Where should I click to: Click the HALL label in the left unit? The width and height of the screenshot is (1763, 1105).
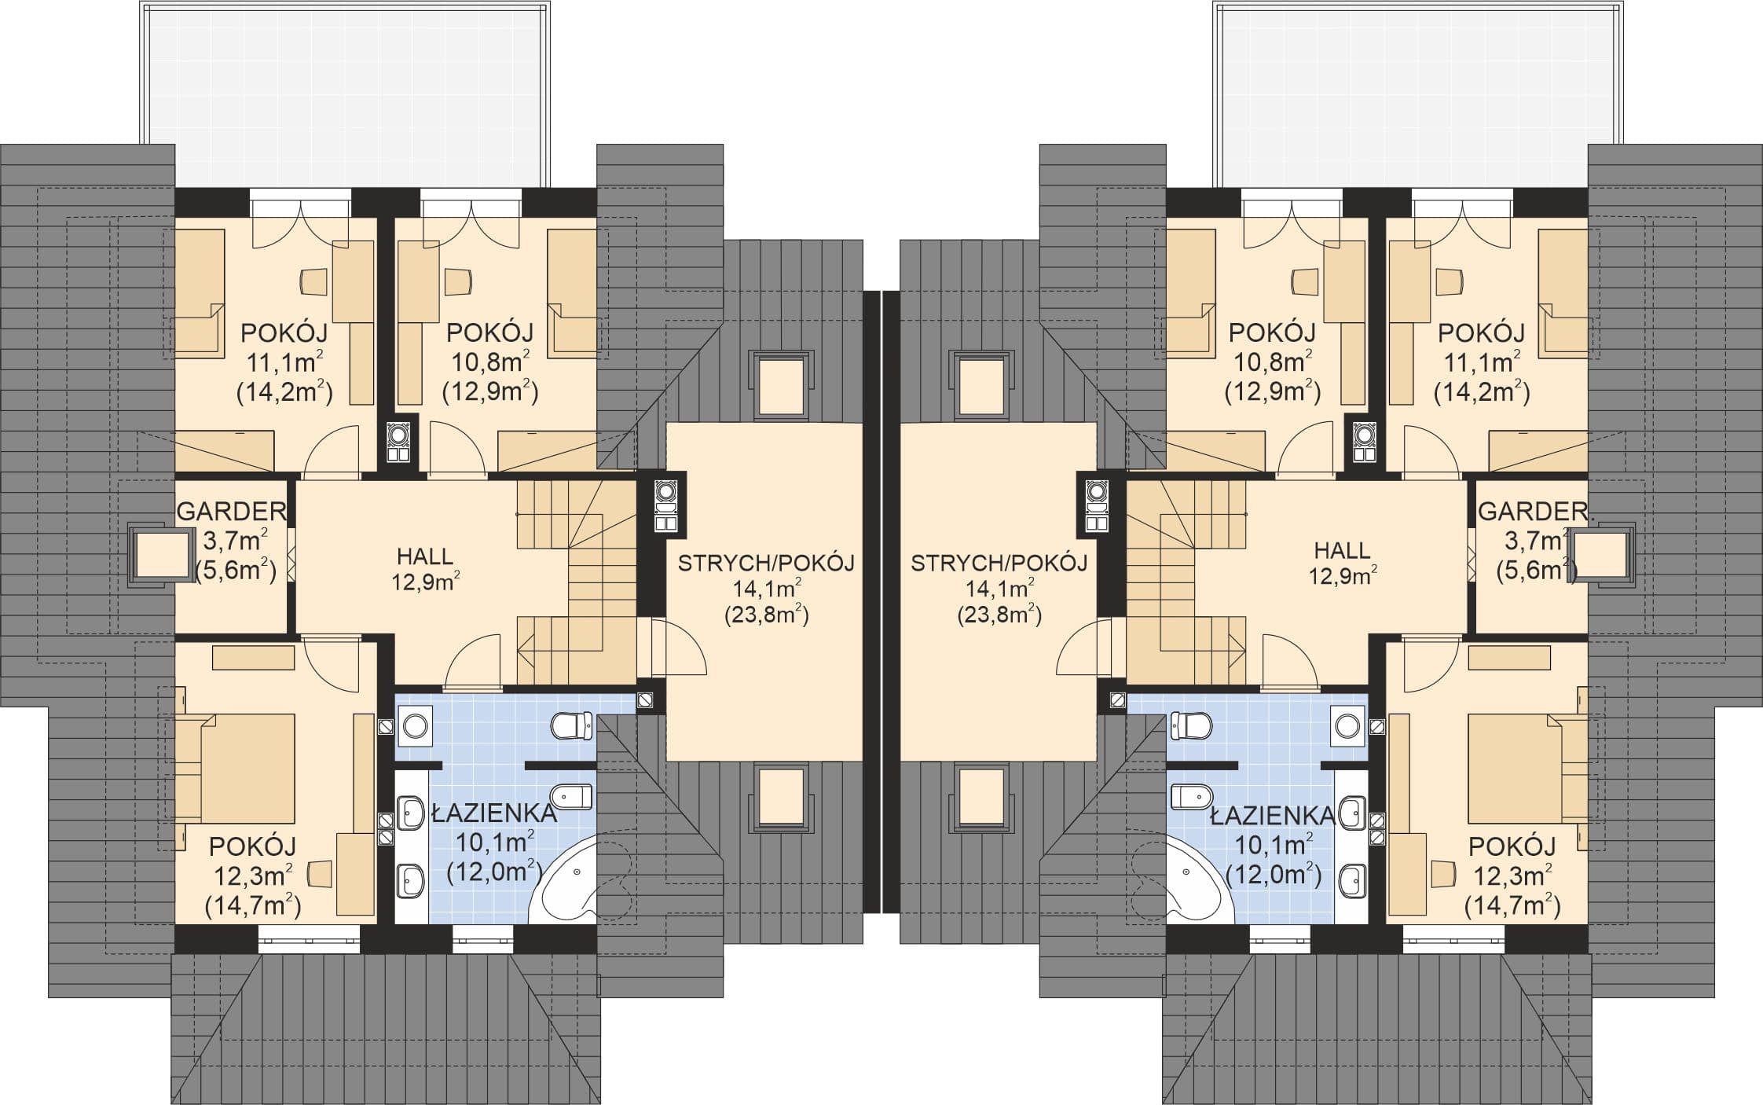click(425, 556)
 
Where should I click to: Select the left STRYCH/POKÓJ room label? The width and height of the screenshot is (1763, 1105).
click(766, 564)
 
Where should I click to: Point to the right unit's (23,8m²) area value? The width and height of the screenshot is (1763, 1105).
click(999, 615)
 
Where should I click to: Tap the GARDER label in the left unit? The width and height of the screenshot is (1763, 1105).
click(232, 512)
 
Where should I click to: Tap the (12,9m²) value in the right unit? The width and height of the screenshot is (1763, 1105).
click(1273, 391)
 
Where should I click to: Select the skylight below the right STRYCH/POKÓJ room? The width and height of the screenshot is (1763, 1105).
click(981, 795)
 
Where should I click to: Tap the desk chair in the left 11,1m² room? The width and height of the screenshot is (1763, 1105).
click(313, 282)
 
